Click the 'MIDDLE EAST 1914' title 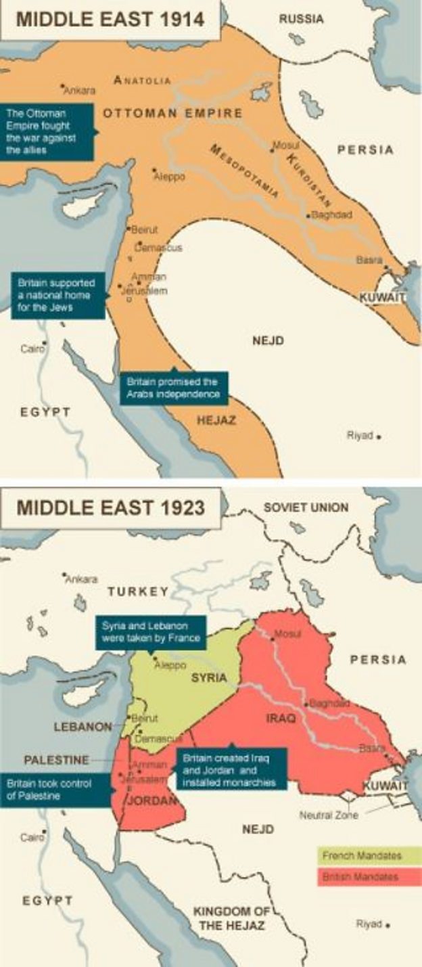click(110, 19)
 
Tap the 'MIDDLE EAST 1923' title click(110, 508)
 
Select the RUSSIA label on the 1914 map click(301, 20)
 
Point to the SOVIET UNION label click(306, 507)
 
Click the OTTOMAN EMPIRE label click(172, 113)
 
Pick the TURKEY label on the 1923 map click(138, 591)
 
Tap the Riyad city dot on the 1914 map click(379, 437)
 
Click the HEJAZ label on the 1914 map click(216, 420)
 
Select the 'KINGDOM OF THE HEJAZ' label click(231, 918)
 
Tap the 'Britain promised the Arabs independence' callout click(174, 388)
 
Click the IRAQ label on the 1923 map click(280, 718)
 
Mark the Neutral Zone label click(329, 815)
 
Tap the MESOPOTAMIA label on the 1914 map click(245, 171)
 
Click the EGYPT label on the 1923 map click(47, 901)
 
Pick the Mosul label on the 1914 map click(286, 144)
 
